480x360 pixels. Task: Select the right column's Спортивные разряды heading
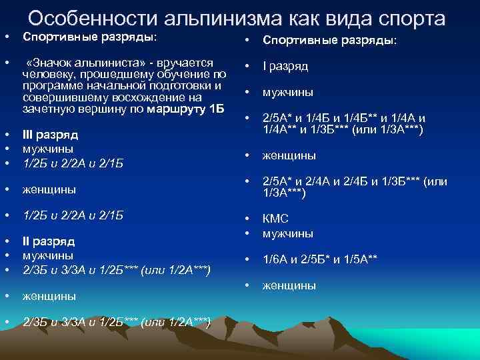329,41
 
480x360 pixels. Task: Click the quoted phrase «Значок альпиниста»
82,62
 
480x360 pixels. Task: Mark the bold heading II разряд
49,241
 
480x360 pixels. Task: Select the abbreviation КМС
275,219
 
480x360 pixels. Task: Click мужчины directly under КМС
288,233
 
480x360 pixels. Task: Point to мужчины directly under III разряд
48,149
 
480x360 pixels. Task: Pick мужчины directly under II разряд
48,255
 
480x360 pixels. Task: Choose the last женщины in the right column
289,286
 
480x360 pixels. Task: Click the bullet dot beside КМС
248,219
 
